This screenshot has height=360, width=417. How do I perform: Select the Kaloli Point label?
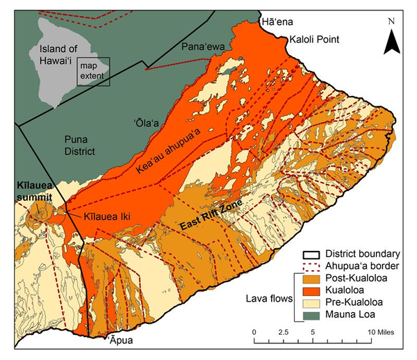pyautogui.click(x=314, y=40)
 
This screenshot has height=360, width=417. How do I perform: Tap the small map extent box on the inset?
pyautogui.click(x=93, y=72)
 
